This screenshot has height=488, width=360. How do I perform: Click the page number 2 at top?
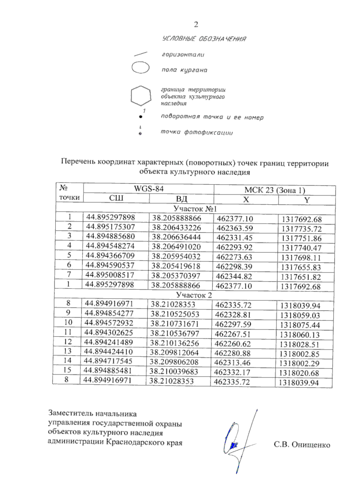196,24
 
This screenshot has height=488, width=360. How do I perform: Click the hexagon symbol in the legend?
141,96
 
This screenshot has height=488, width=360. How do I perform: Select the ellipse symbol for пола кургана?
140,67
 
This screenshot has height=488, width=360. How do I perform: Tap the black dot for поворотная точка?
140,117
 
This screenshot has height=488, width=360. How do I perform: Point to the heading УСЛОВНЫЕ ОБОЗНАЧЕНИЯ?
204,39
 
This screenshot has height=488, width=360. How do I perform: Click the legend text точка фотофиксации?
197,132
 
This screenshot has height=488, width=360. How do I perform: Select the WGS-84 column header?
148,189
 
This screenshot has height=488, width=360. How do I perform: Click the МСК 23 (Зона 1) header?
274,190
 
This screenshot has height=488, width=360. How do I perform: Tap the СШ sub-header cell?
116,198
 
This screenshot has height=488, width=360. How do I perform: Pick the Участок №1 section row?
195,208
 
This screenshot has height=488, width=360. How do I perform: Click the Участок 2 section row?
194,295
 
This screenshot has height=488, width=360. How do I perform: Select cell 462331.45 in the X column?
235,238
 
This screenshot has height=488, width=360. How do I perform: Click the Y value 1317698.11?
301,258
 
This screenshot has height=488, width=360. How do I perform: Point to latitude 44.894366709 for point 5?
110,256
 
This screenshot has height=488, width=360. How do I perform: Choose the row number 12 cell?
68,342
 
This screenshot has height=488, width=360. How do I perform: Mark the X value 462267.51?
233,334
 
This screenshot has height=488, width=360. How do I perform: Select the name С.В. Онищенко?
302,445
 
